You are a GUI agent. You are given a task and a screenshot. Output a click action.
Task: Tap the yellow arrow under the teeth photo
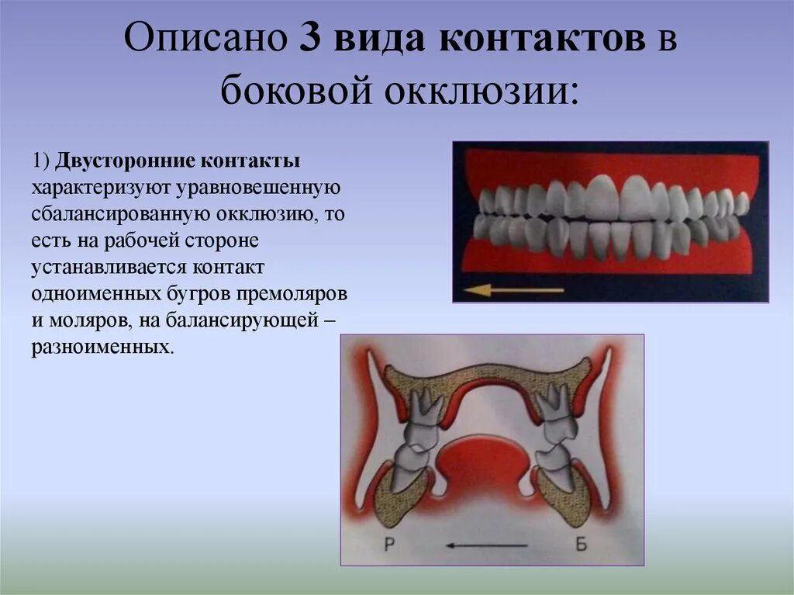point(513,291)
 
